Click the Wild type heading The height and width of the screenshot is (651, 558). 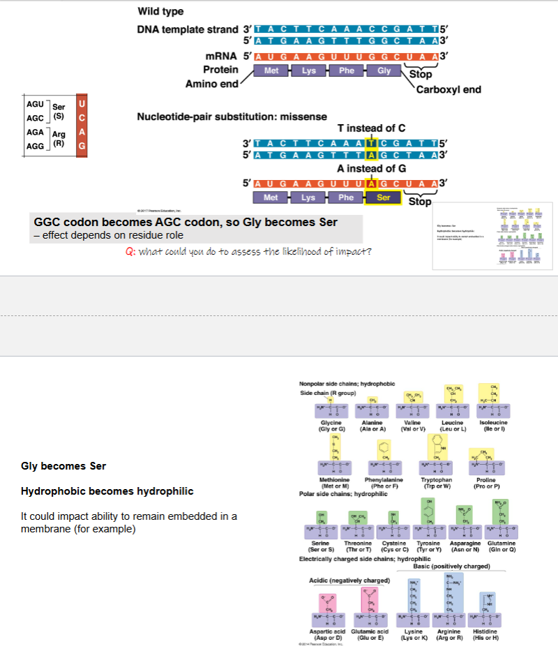point(161,11)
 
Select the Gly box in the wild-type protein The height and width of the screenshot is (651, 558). point(384,70)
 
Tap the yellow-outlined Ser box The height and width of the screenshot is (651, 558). point(384,197)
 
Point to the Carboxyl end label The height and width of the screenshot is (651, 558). point(448,89)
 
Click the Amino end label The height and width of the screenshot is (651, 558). point(211,84)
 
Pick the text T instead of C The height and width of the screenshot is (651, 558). point(371,129)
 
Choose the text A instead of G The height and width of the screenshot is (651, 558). point(371,168)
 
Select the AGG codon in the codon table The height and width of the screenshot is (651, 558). point(36,147)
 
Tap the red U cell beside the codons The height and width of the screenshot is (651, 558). point(82,104)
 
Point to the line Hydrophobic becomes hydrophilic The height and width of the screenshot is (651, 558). point(107,491)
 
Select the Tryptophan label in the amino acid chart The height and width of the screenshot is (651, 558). point(438,481)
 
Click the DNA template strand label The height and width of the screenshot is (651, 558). point(188,30)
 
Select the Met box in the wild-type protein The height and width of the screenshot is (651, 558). point(271,70)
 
